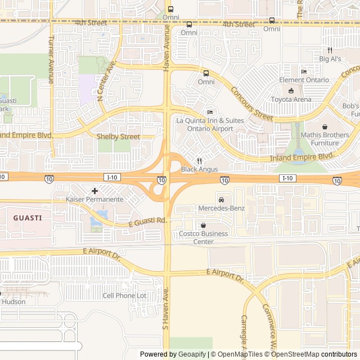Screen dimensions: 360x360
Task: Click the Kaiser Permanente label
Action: coord(94,200)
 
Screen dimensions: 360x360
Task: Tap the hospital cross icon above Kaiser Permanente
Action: coord(94,191)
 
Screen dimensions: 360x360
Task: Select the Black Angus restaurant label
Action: coord(199,169)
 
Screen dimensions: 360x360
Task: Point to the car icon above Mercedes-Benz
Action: coord(222,200)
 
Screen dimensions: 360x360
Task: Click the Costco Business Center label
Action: coord(203,238)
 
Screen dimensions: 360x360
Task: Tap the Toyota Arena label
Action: coord(291,100)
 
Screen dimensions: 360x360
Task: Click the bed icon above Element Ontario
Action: coord(304,71)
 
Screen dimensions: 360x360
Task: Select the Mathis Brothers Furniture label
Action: coord(325,138)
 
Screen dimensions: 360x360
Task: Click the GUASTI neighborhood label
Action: coord(28,218)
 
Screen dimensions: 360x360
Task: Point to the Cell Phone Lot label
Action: coord(124,295)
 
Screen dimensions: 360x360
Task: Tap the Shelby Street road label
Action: coord(118,137)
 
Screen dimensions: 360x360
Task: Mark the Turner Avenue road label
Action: coord(51,60)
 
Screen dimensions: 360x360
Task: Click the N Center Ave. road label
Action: coord(106,81)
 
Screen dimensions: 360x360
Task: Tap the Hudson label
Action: coord(13,301)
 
